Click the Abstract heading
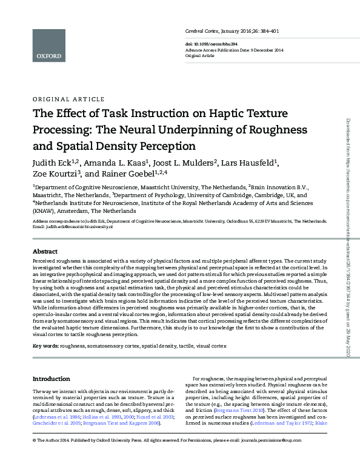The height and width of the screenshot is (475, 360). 45,251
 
